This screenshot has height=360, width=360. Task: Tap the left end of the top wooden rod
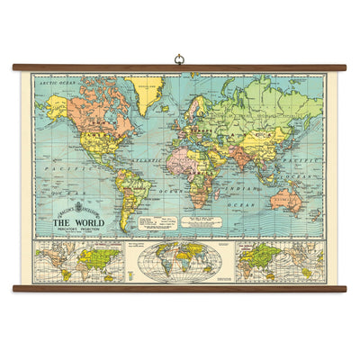pos(16,67)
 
